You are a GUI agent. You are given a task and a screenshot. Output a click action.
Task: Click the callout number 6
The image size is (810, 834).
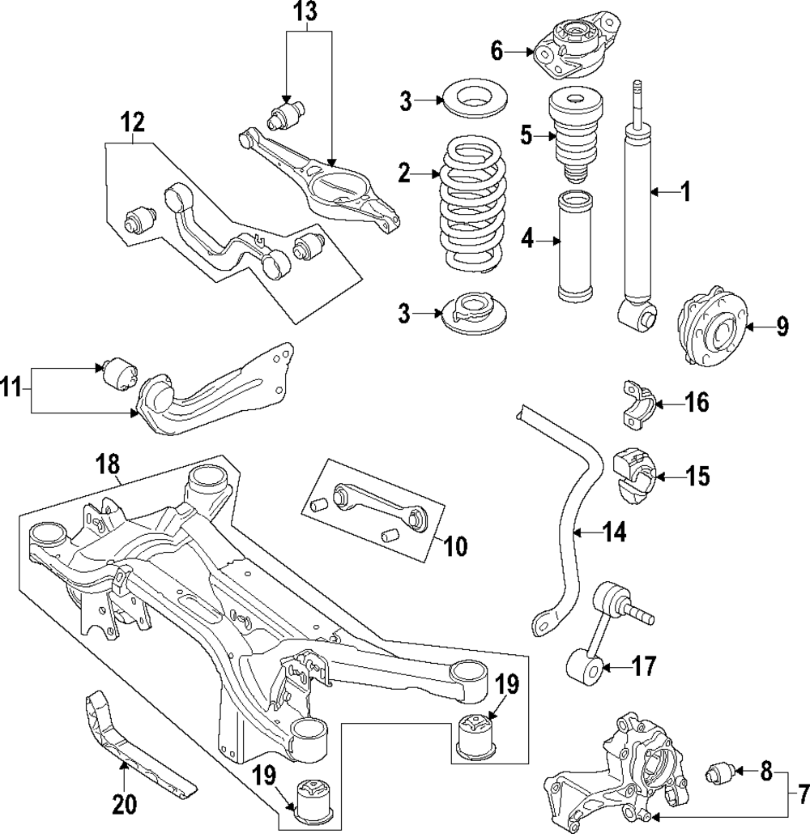pos(497,52)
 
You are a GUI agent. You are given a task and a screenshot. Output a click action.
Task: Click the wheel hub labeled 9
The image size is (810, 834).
pos(710,326)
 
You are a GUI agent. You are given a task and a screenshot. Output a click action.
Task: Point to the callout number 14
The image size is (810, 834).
pos(615,532)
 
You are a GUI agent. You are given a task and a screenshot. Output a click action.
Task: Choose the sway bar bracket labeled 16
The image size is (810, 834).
pos(637,404)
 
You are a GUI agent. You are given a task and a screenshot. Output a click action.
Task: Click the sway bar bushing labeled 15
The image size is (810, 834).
pos(635,474)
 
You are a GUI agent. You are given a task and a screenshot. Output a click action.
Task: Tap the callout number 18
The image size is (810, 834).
pos(108,464)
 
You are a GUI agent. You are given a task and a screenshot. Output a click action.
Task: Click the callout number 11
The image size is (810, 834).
pos(11,387)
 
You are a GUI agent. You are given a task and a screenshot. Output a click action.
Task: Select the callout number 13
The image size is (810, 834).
pos(306,11)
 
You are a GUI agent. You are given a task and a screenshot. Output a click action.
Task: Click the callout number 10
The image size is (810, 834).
pos(455,545)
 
